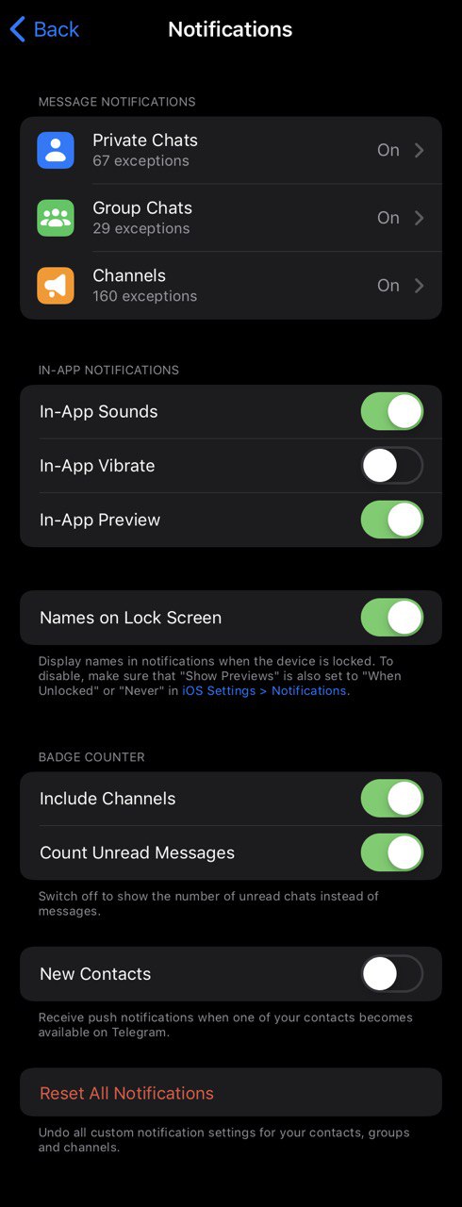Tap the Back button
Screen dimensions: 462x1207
pyautogui.click(x=44, y=29)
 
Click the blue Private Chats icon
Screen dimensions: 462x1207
pyautogui.click(x=56, y=150)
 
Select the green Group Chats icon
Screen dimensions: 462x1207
pyautogui.click(x=56, y=218)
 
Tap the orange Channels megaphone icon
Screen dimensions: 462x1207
pyautogui.click(x=56, y=286)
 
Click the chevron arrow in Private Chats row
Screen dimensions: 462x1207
pyautogui.click(x=419, y=150)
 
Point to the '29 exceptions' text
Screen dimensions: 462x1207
pyautogui.click(x=141, y=228)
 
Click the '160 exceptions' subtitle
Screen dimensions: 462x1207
pyautogui.click(x=145, y=296)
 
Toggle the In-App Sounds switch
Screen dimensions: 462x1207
pyautogui.click(x=392, y=412)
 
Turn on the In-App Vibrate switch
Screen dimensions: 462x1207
pyautogui.click(x=392, y=466)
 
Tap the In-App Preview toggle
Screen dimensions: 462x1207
pyautogui.click(x=392, y=520)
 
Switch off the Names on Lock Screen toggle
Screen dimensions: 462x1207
pyautogui.click(x=392, y=618)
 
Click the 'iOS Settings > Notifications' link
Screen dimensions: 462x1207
pyautogui.click(x=264, y=691)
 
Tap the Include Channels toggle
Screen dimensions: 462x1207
pyautogui.click(x=392, y=799)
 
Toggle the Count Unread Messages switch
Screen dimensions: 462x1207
pyautogui.click(x=392, y=853)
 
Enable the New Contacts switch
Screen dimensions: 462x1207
pyautogui.click(x=392, y=974)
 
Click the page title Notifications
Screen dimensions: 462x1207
pyautogui.click(x=230, y=29)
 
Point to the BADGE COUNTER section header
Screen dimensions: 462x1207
pyautogui.click(x=91, y=757)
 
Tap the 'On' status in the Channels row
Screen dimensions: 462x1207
pyautogui.click(x=388, y=286)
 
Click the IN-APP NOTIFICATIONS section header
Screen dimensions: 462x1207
pyautogui.click(x=108, y=371)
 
